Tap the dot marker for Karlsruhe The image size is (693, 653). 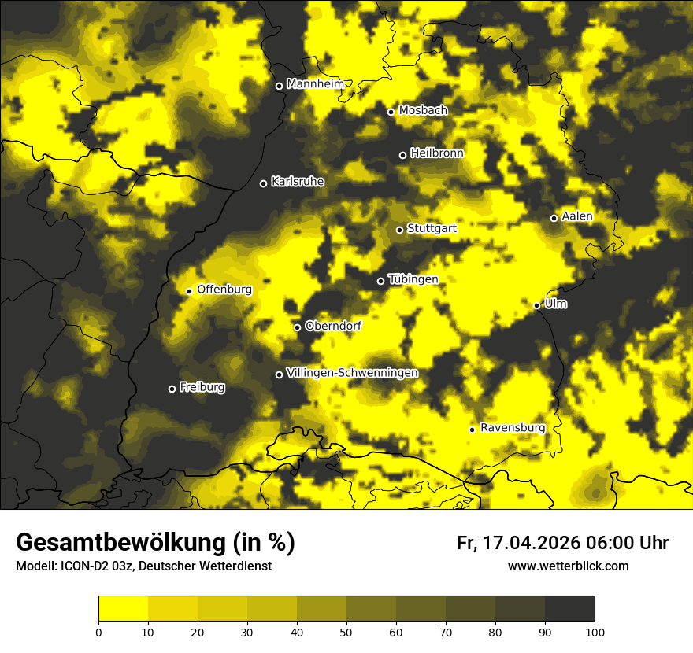pos(264,183)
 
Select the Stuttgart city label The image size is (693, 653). pos(432,229)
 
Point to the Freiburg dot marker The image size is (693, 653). pos(172,389)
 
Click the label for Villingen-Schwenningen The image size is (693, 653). pos(352,373)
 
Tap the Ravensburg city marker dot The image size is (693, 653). pos(472,430)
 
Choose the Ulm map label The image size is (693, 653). pos(555,304)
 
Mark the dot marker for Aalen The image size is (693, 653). pos(554,218)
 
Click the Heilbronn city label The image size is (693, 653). pos(437,153)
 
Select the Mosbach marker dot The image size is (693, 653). pos(391,112)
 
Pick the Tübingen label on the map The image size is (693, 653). pos(413,279)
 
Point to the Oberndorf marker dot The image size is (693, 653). pos(297,327)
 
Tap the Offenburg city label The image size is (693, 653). pos(224,290)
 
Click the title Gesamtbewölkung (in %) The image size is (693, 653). pos(155,543)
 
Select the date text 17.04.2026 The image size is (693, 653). pos(532,543)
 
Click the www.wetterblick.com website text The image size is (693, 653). pos(568,566)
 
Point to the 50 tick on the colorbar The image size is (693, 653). pos(346,631)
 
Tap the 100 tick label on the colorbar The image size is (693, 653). pos(595,631)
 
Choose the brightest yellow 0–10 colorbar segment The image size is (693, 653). pos(123,609)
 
